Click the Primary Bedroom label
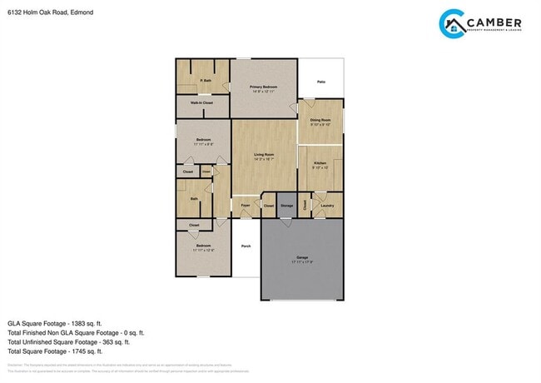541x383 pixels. click(x=263, y=87)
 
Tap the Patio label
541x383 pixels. click(x=320, y=82)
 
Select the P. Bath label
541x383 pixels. click(x=205, y=80)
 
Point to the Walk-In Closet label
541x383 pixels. click(x=201, y=103)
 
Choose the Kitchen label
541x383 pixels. click(x=320, y=162)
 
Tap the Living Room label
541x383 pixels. click(x=265, y=155)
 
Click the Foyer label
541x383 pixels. click(x=246, y=205)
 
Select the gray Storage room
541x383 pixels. click(x=286, y=204)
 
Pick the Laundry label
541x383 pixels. click(x=327, y=205)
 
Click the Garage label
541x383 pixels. click(x=301, y=257)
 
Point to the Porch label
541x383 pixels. click(x=246, y=246)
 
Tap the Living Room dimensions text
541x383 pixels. click(x=265, y=159)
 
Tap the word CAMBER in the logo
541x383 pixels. click(x=494, y=22)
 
